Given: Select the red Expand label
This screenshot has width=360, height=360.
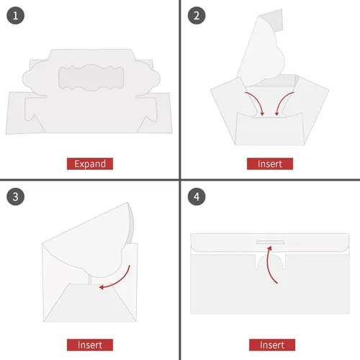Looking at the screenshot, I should [x=90, y=163].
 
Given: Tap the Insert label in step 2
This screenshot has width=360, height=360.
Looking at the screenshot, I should [x=270, y=163].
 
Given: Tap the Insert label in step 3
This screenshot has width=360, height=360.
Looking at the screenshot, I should [x=90, y=344].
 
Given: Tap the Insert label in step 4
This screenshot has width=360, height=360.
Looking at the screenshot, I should [x=270, y=344].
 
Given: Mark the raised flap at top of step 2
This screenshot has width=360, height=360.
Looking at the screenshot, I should [x=265, y=50].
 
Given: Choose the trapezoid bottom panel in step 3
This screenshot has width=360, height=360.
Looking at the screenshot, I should [x=90, y=301].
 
